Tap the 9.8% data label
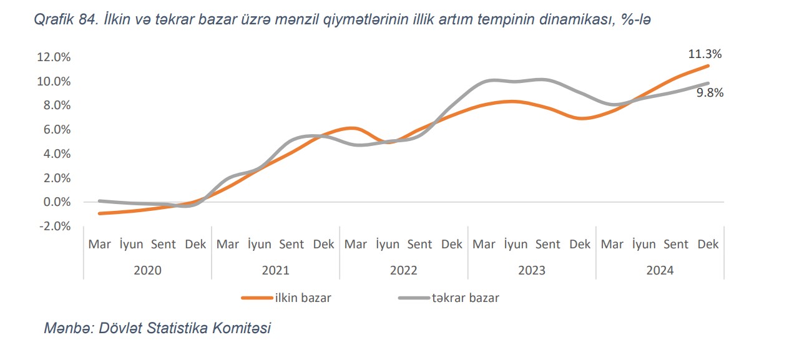(710, 93)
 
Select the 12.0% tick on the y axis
(54, 57)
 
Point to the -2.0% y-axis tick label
(54, 226)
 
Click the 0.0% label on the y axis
(57, 202)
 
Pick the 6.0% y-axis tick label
(57, 130)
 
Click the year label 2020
(148, 270)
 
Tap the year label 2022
(404, 270)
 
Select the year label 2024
(660, 270)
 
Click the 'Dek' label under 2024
(708, 244)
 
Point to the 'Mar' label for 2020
(100, 244)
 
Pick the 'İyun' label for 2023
(516, 244)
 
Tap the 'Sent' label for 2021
(291, 244)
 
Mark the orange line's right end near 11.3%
(708, 66)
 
